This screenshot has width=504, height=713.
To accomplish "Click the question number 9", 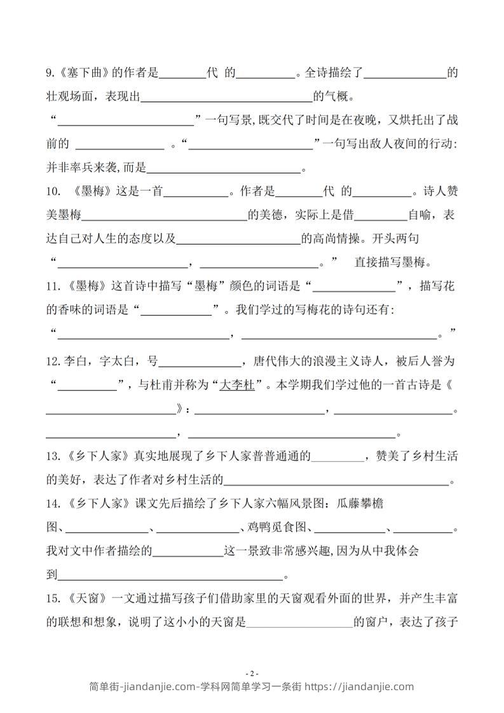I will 51,73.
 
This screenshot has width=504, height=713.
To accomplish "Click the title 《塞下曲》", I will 83,73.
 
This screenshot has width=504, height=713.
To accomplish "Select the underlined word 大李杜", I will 236,385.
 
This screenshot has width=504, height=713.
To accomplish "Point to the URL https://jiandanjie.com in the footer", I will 359,686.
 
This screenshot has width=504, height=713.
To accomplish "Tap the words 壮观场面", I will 71,97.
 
